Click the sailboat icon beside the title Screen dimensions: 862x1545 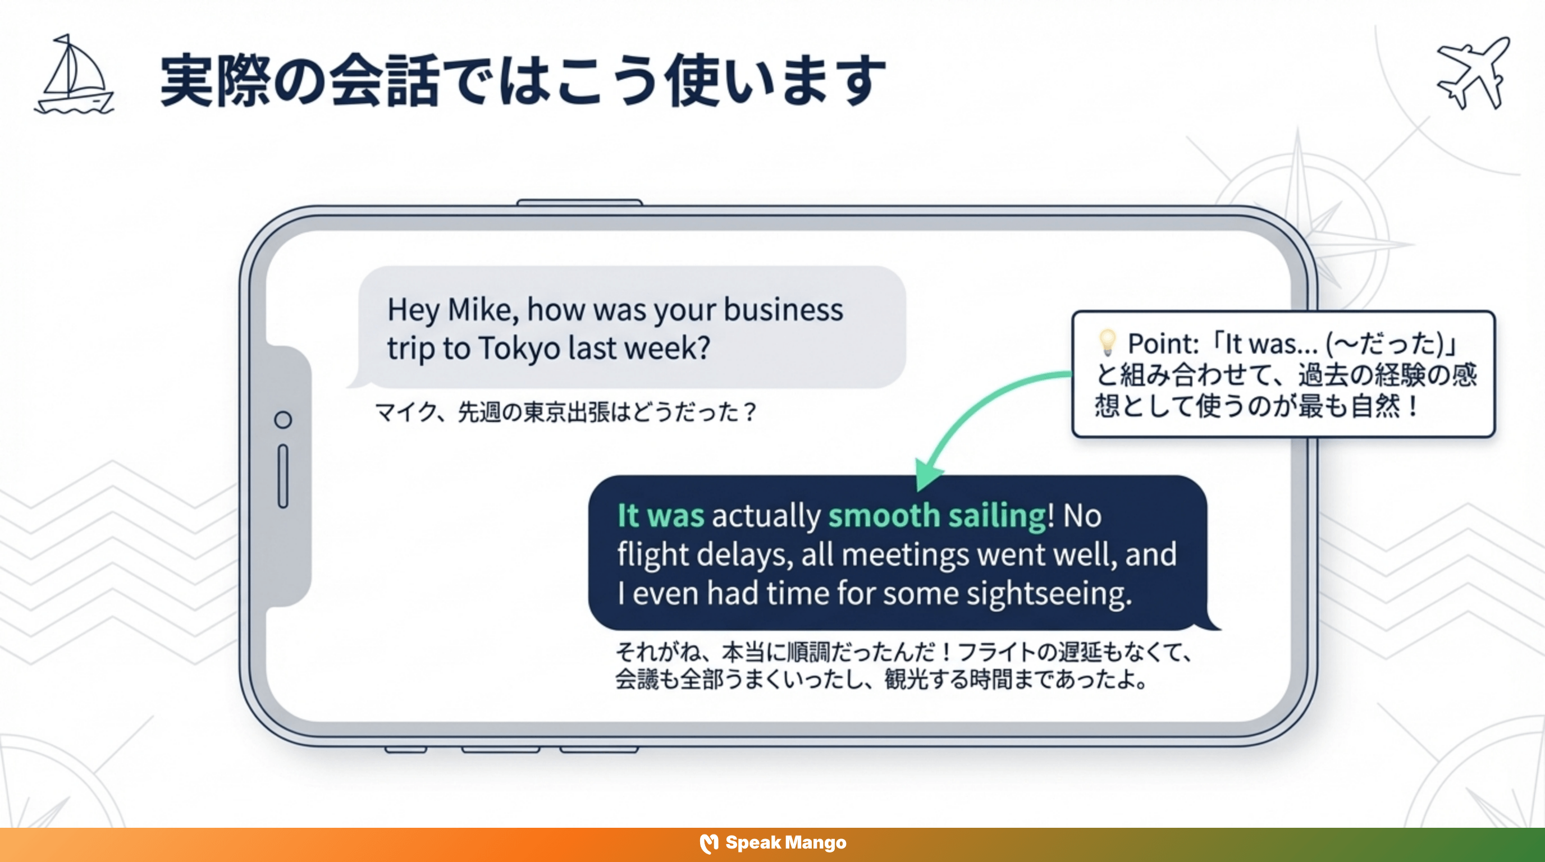tap(74, 75)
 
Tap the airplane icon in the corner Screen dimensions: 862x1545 tap(1473, 74)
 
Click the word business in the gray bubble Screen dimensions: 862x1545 tap(783, 310)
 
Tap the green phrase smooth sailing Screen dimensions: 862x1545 tap(937, 516)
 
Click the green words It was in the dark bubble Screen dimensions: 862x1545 tap(660, 516)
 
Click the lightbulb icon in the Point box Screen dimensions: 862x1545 tap(1107, 342)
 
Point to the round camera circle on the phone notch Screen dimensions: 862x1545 tap(283, 420)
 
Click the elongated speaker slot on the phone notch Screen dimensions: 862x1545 tap(283, 476)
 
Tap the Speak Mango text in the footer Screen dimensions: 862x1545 tap(786, 843)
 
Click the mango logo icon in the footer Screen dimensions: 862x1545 tap(709, 843)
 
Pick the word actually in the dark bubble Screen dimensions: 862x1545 tap(766, 516)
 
